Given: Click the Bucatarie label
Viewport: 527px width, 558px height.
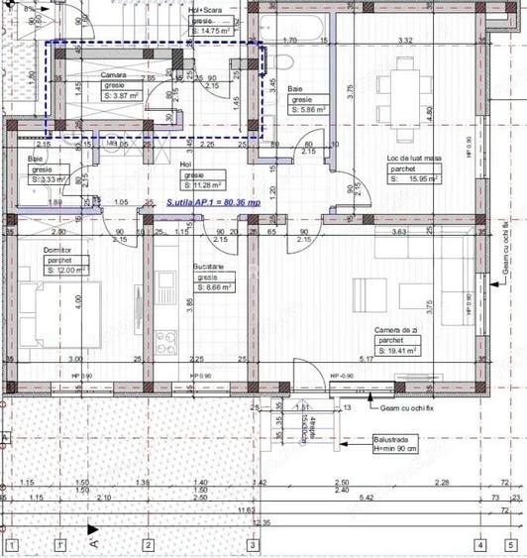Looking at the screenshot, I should point(209,268).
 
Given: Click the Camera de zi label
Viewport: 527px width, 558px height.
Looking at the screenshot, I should point(397,330).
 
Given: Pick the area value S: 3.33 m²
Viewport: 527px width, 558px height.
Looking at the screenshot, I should point(50,179).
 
